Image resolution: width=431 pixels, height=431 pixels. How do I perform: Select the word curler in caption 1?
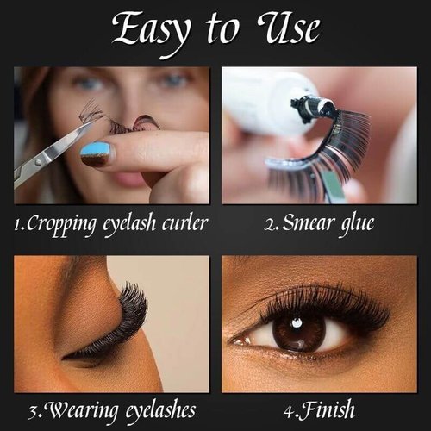(184, 222)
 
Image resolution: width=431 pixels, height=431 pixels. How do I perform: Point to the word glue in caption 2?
(357, 224)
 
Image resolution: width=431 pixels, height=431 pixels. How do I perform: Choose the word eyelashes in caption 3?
(160, 411)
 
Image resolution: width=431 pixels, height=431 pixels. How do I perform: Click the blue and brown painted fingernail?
(97, 154)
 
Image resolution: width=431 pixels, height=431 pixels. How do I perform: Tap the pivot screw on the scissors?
(37, 163)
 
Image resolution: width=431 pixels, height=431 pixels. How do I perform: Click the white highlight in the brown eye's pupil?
(297, 323)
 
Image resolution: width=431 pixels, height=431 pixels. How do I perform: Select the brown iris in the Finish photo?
(299, 334)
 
